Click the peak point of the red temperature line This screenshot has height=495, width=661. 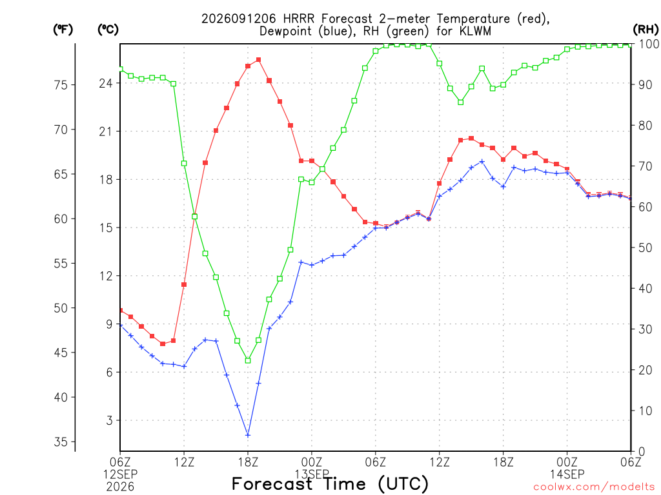(258, 60)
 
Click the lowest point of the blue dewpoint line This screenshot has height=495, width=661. (248, 435)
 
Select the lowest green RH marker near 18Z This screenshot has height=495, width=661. (248, 360)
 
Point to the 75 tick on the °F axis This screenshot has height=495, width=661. (61, 85)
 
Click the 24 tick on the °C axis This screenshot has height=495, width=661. (106, 83)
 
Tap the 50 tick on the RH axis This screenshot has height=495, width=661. (645, 247)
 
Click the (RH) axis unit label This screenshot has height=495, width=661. (646, 30)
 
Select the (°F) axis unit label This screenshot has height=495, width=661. (63, 30)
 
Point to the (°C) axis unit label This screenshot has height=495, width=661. (108, 30)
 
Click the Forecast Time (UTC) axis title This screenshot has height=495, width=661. (330, 484)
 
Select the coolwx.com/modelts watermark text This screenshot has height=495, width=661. (594, 487)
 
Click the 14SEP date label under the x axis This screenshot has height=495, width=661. (567, 474)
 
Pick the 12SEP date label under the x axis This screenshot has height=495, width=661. (120, 474)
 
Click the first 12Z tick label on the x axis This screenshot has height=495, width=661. (184, 462)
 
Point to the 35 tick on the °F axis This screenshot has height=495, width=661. (61, 442)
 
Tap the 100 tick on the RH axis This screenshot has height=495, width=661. (648, 44)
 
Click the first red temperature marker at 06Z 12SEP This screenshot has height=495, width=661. (121, 311)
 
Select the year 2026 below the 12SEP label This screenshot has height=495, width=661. (120, 487)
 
